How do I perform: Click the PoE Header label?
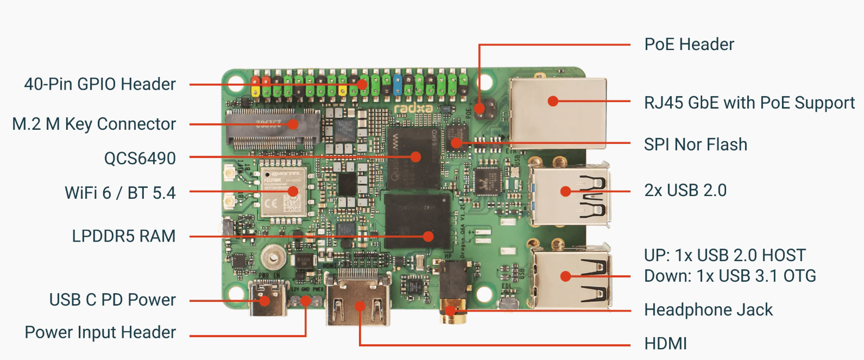pos(689,45)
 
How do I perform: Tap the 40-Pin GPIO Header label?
pos(100,84)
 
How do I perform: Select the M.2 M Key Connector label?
pos(94,124)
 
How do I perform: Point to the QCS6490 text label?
pos(140,159)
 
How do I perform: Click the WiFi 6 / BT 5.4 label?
pos(120,193)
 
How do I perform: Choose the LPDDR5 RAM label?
pos(124,236)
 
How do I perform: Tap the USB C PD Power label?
pos(112,300)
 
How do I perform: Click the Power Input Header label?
pos(100,332)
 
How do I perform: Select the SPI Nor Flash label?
pos(695,144)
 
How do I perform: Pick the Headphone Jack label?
pos(708,310)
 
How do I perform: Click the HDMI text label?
pos(665,344)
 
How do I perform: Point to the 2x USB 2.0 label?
pos(685,191)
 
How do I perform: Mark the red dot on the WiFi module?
pos(293,191)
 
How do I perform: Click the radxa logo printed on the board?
pos(413,109)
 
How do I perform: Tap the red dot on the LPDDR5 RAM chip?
pos(428,236)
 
